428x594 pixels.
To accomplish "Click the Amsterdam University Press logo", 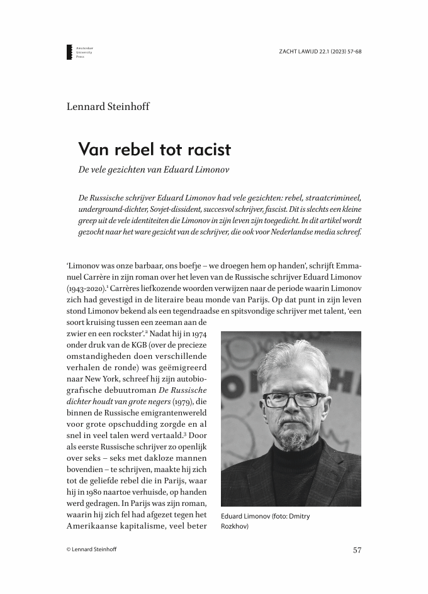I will pos(79,52).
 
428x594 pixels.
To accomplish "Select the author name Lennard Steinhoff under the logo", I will pos(108,106).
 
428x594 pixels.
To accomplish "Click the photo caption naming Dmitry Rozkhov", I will pos(266,521).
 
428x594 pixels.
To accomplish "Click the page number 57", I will pos(357,550).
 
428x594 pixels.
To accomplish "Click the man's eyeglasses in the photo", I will pos(291,399).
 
